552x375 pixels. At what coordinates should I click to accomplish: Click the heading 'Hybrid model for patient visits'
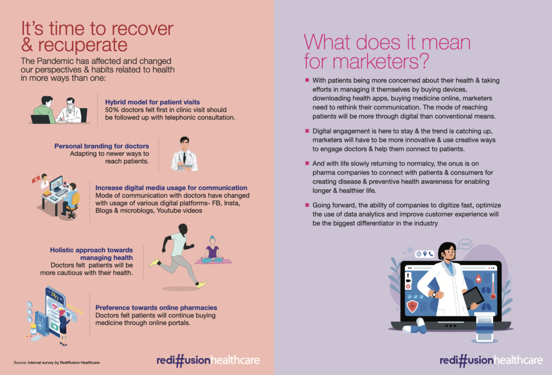[x=153, y=102]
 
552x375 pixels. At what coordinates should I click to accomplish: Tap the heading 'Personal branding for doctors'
[x=102, y=146]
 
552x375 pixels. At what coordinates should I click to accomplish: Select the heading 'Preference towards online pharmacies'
[x=156, y=308]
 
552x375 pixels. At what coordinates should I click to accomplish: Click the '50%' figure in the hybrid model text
[x=112, y=110]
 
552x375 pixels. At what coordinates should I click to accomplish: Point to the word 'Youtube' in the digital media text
[x=169, y=210]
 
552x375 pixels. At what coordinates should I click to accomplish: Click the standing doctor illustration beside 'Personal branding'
[x=184, y=154]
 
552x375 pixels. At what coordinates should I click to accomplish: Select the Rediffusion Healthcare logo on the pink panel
[x=208, y=360]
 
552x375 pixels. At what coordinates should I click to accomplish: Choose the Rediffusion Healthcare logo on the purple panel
[x=491, y=360]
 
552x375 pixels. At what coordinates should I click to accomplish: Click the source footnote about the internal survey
[x=57, y=362]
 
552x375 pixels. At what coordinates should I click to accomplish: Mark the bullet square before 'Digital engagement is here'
[x=307, y=131]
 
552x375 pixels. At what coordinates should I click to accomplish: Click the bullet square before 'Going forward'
[x=307, y=205]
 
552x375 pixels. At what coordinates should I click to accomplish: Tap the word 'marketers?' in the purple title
[x=381, y=61]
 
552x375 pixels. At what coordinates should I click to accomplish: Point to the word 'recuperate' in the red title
[x=82, y=45]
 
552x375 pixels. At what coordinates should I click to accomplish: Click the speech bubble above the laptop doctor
[x=465, y=244]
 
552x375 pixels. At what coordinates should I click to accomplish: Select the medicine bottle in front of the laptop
[x=485, y=328]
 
